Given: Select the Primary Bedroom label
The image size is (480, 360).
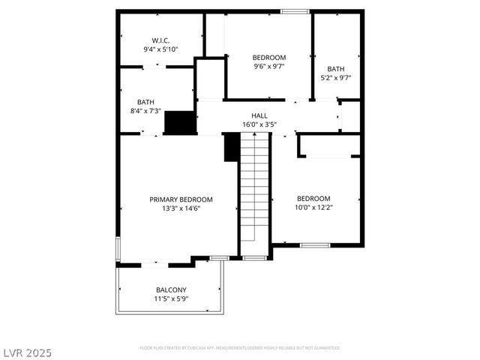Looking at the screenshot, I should coord(181,199).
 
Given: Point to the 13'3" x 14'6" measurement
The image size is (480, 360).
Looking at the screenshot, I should coord(181,208).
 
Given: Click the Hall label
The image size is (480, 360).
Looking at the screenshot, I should coord(259,115).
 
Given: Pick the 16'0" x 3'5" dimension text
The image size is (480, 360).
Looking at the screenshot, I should coord(259,124).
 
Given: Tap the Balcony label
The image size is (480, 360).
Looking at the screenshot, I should coord(171,289).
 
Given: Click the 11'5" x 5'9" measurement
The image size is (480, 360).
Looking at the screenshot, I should coord(171,298).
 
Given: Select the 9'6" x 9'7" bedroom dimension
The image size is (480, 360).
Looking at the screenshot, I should coord(268,67).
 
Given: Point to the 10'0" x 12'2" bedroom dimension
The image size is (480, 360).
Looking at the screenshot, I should coord(313,208).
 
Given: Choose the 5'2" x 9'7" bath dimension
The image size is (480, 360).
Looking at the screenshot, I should coord(335,77).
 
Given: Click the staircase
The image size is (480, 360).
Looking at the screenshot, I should coord(254,187).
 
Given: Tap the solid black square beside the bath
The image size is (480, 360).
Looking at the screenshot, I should coord(179,122).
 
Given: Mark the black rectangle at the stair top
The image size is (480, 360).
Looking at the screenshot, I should coord(231,147).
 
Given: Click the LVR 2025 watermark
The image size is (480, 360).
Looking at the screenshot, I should coord(27,352).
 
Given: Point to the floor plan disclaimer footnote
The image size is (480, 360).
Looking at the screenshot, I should coord(240,348).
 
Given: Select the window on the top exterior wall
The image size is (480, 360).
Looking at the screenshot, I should coord(295,11).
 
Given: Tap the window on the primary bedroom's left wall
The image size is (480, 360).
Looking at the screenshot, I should coord(117,249).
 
